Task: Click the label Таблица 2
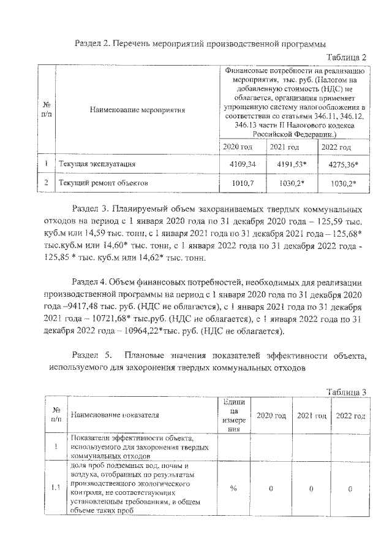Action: (346, 58)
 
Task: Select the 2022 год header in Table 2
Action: (336, 147)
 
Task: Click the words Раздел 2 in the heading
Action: (92, 44)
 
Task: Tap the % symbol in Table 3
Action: (233, 488)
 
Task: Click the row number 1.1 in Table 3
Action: (56, 488)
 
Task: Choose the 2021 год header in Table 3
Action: (311, 415)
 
